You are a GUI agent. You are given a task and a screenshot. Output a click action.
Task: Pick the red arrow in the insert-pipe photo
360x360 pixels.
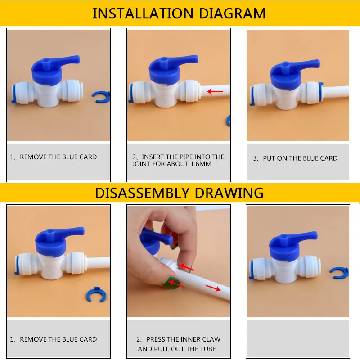click(215, 92)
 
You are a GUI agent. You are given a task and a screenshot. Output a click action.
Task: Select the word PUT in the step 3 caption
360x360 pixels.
click(268, 158)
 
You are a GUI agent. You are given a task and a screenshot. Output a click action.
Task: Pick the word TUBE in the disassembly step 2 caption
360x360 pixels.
click(207, 349)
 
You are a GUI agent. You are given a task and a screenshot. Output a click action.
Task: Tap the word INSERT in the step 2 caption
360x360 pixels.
click(153, 157)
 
